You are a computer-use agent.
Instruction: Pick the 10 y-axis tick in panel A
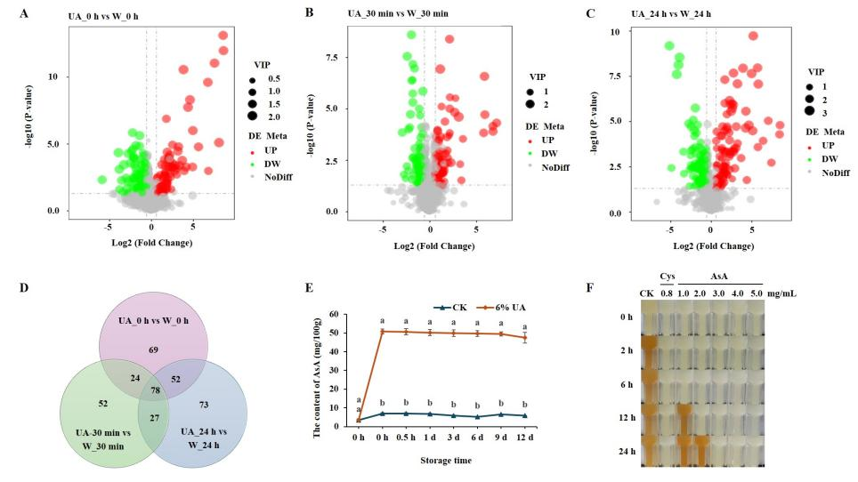coord(53,76)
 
